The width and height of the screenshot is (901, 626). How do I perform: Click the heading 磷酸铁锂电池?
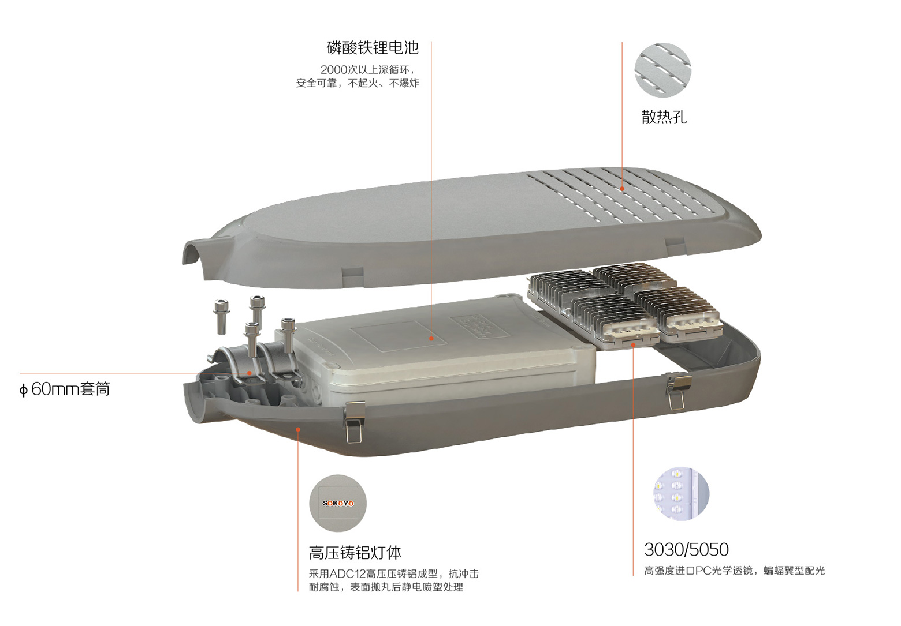tap(373, 47)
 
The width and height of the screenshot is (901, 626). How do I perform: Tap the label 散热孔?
tap(664, 117)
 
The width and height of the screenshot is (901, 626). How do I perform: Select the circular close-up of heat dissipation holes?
tap(662, 70)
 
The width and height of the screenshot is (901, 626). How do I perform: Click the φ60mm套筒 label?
tap(65, 389)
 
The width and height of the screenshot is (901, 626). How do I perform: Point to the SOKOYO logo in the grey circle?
tap(338, 503)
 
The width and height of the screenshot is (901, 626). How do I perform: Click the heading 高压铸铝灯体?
tap(355, 553)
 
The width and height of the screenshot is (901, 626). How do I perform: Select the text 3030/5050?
tap(686, 550)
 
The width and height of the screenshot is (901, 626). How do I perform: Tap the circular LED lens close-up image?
tap(681, 494)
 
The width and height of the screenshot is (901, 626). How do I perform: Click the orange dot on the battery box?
tap(431, 338)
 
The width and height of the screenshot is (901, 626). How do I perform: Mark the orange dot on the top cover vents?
tap(622, 189)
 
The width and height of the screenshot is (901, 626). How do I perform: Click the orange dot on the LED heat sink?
tap(633, 345)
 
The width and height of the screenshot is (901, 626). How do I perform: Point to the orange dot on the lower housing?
tap(298, 429)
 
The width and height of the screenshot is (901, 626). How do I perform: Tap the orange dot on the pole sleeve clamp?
tap(250, 373)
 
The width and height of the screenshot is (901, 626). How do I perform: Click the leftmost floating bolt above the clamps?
tap(221, 317)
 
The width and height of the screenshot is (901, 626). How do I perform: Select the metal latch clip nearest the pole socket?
tap(354, 422)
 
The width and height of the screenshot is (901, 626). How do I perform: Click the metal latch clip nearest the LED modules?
tap(677, 391)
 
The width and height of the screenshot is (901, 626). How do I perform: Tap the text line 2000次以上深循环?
tap(367, 70)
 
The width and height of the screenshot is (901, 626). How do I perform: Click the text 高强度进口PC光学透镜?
tap(698, 571)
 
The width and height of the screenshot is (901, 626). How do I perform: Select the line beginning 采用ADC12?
tap(394, 573)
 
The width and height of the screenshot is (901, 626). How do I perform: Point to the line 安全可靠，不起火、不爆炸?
tap(358, 83)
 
